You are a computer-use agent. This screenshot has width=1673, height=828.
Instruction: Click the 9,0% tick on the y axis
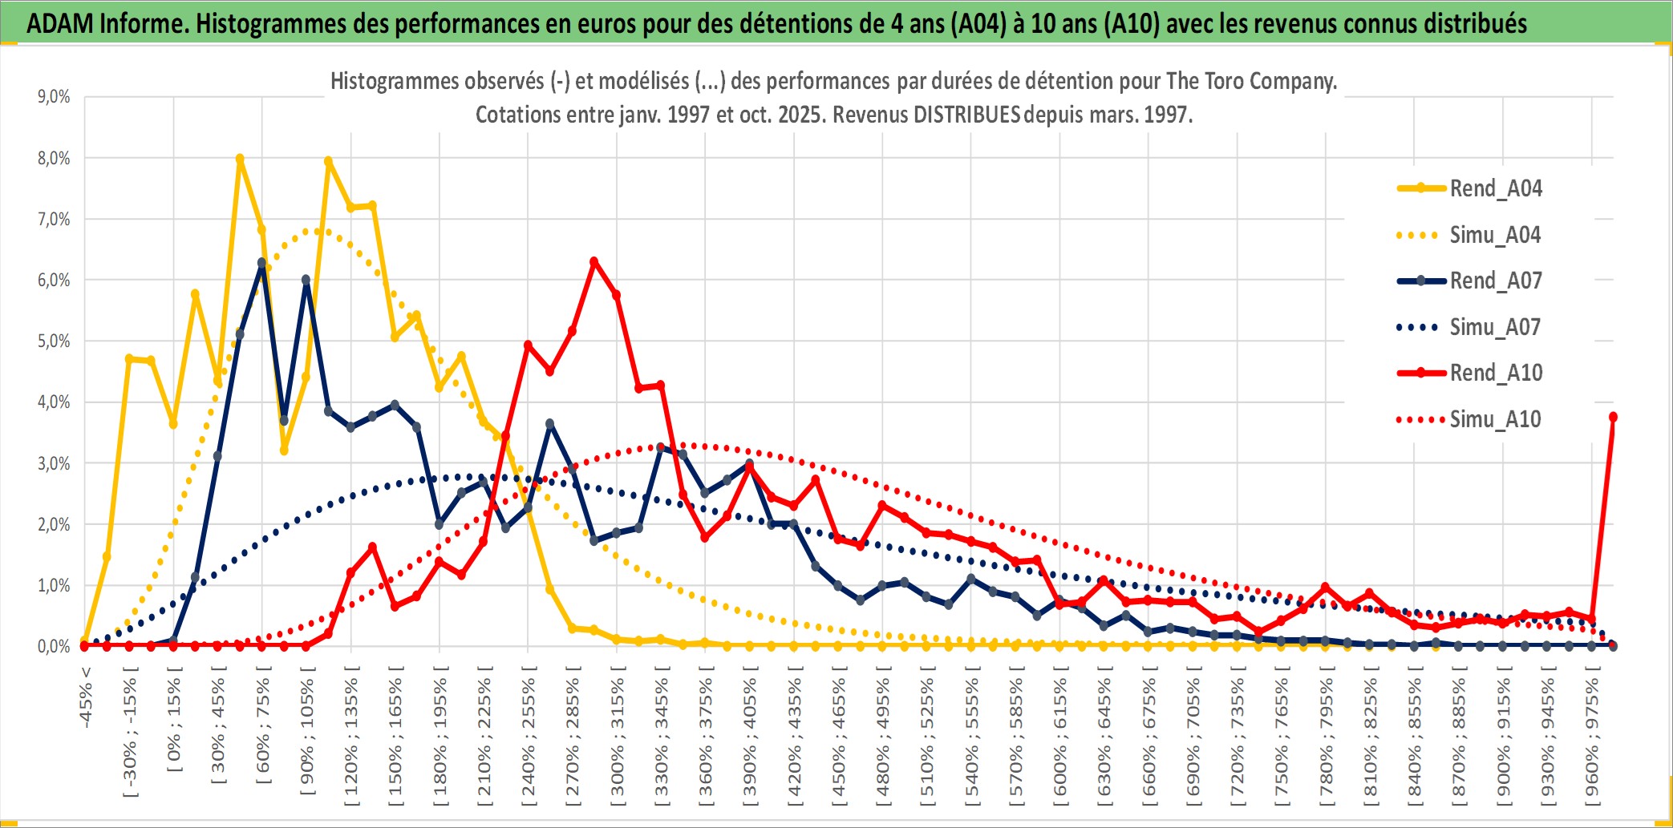(x=54, y=97)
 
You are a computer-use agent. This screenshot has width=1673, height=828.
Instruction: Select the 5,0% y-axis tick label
(x=54, y=341)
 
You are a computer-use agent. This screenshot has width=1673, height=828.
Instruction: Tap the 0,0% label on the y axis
(x=54, y=646)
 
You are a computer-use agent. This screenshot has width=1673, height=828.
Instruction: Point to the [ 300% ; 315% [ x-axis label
(x=617, y=737)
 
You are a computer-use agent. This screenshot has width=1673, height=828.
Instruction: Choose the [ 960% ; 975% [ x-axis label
(x=1592, y=737)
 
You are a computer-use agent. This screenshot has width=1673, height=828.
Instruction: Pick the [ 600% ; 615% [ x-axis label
(x=1060, y=737)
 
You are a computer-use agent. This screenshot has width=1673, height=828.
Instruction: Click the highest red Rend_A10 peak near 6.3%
(x=594, y=261)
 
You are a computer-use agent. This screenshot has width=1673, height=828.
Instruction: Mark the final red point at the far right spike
(x=1613, y=417)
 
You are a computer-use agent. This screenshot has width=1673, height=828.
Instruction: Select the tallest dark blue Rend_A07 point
(x=261, y=262)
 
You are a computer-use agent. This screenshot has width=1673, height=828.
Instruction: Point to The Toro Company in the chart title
(x=1250, y=81)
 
